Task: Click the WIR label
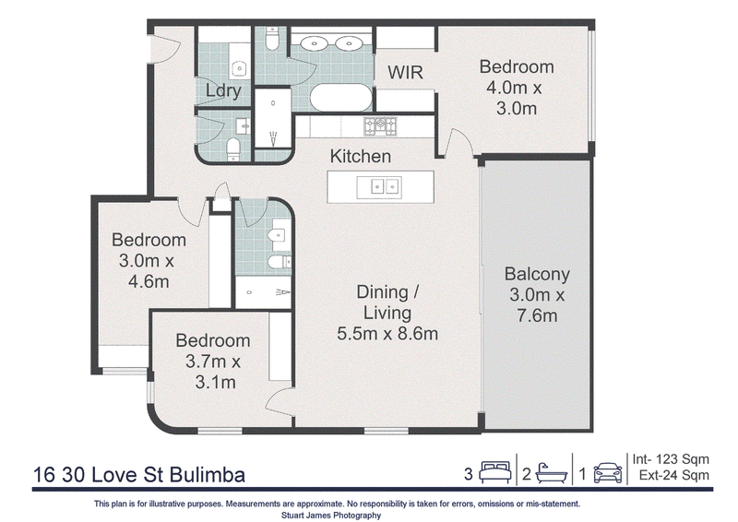[405, 72]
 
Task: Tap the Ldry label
[223, 90]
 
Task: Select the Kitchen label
[361, 156]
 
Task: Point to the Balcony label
[537, 274]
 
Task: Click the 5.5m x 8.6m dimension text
[387, 334]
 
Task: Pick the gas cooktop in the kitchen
[380, 126]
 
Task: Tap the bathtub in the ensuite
[341, 98]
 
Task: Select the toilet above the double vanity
[272, 39]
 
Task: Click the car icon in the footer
[608, 472]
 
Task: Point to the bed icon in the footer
[495, 472]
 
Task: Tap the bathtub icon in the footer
[551, 472]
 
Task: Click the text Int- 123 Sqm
[671, 459]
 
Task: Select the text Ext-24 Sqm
[674, 475]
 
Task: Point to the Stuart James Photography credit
[331, 516]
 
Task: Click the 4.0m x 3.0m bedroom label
[517, 88]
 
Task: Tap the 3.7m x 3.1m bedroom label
[213, 362]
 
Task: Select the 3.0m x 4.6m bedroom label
[149, 260]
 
